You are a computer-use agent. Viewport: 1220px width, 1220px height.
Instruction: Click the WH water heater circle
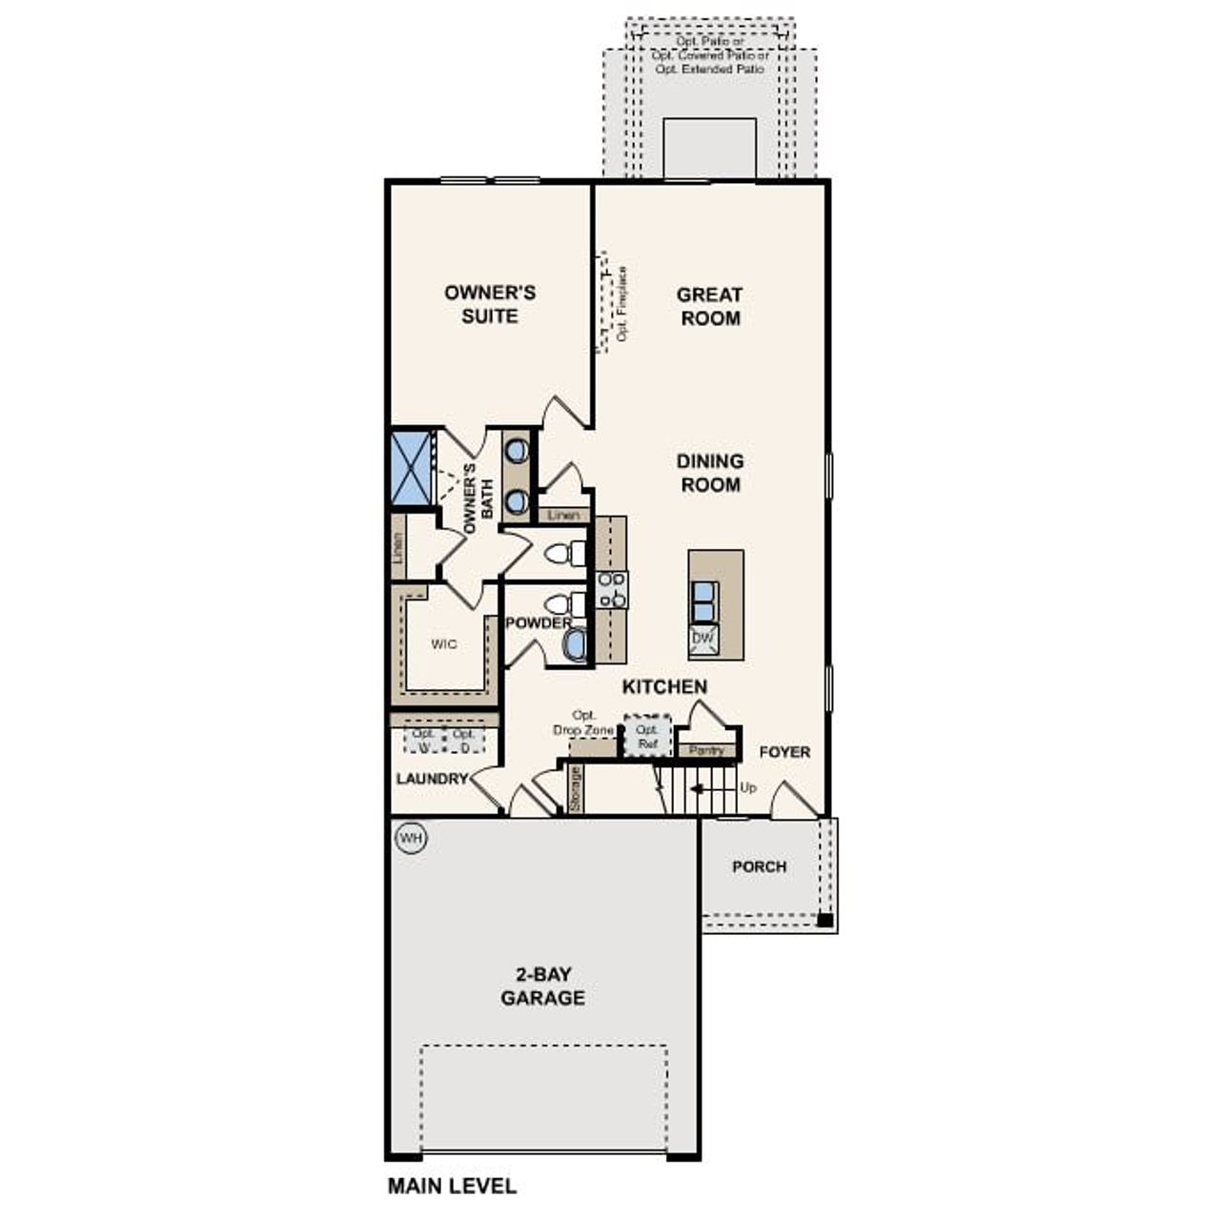410,838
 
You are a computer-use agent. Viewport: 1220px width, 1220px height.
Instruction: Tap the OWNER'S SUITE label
490,304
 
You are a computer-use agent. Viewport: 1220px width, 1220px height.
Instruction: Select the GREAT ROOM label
710,306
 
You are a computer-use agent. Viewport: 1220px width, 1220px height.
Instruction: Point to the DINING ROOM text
710,473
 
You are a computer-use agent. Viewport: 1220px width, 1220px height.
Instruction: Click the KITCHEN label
664,686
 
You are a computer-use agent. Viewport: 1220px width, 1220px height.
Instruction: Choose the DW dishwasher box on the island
702,639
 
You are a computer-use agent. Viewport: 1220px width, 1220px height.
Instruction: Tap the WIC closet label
444,644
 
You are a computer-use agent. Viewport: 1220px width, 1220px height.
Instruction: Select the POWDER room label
539,623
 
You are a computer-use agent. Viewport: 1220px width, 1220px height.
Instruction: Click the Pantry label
706,751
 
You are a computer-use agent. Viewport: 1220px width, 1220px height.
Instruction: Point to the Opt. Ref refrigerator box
648,737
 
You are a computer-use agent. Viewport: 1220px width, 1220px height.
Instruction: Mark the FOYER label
784,752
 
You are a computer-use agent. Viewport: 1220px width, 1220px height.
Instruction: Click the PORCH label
759,866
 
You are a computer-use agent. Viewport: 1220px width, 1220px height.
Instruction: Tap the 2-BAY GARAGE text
543,986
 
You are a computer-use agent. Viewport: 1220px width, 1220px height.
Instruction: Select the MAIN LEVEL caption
452,1186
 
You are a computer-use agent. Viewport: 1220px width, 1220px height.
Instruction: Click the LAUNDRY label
432,779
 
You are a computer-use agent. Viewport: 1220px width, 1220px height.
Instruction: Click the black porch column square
824,921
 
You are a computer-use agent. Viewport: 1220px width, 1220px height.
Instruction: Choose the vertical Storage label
575,789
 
